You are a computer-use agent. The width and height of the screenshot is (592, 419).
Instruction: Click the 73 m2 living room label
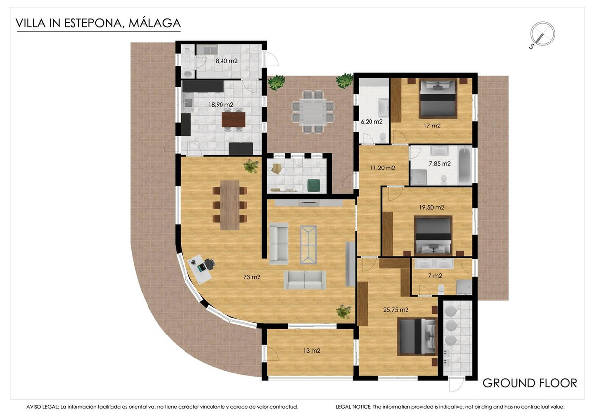click(x=252, y=277)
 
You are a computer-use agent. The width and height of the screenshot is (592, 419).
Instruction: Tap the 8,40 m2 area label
click(x=226, y=62)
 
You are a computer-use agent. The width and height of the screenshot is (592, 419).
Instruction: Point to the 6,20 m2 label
click(x=371, y=121)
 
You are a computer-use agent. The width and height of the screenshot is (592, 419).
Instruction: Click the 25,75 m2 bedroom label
click(x=396, y=310)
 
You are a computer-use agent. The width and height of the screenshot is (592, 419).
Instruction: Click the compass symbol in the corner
click(x=542, y=35)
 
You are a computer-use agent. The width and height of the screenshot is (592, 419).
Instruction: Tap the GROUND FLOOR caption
click(x=529, y=383)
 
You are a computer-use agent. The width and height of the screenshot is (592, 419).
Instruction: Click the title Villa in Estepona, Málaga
click(x=98, y=23)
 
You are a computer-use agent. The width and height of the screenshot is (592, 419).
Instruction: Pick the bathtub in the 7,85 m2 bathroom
click(x=464, y=165)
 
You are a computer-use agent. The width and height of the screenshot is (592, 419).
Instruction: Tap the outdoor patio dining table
click(x=311, y=112)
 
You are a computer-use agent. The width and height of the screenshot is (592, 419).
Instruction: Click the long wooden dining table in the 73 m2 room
click(x=229, y=205)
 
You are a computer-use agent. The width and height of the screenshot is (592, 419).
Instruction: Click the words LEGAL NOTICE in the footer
click(x=352, y=407)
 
